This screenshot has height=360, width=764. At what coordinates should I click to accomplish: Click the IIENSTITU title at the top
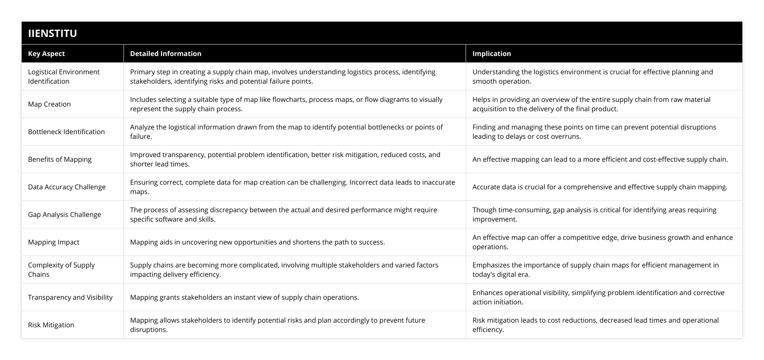(x=52, y=33)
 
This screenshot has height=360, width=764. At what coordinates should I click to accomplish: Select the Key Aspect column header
(x=46, y=53)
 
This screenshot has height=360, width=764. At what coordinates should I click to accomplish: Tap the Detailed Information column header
(x=166, y=53)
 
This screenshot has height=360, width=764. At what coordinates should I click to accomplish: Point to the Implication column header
(x=492, y=53)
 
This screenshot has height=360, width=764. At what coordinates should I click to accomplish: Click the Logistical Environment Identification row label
(x=64, y=76)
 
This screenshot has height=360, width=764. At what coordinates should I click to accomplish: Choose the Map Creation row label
(x=49, y=104)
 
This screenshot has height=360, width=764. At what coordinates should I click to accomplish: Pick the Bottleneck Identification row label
(x=66, y=132)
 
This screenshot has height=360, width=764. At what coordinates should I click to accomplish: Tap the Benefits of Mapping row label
(x=60, y=159)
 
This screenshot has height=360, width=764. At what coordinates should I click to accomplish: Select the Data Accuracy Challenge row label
(x=67, y=187)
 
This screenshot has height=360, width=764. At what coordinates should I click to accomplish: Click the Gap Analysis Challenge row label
(x=65, y=214)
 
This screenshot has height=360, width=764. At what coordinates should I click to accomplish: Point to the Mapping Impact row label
(x=53, y=242)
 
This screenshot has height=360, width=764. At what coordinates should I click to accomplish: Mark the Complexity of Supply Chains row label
(x=61, y=270)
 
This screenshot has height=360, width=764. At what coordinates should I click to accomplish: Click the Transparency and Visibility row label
(x=70, y=297)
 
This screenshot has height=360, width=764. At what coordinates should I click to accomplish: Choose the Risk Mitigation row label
(x=51, y=325)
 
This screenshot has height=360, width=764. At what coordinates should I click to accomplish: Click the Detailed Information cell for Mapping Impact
(x=257, y=242)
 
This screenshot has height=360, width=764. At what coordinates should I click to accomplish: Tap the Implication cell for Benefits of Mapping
(x=600, y=159)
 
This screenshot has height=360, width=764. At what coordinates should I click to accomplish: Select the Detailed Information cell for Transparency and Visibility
(x=244, y=297)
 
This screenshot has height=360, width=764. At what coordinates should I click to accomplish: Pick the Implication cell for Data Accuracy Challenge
(x=600, y=187)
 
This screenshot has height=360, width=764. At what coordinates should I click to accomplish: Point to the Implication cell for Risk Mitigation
(x=595, y=325)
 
